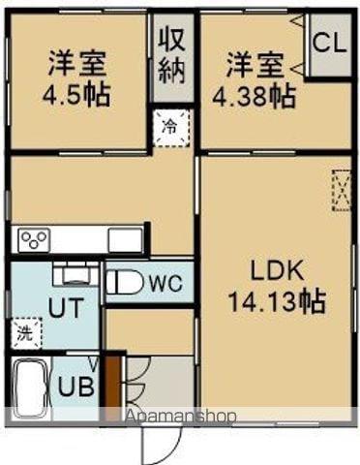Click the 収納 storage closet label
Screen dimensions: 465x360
click(172, 54)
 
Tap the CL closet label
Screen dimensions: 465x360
click(330, 44)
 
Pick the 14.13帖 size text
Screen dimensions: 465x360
click(276, 300)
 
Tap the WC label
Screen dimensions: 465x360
click(165, 283)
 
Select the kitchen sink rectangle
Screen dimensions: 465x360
click(125, 239)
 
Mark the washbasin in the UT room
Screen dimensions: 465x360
click(71, 274)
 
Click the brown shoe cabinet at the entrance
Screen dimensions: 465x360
click(112, 384)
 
